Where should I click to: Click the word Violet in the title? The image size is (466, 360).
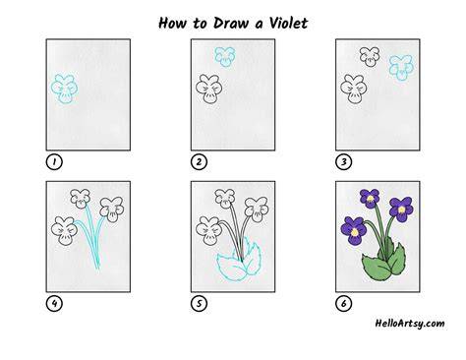(x=288, y=23)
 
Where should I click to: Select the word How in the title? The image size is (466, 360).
(x=173, y=23)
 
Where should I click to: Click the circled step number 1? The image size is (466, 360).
(x=54, y=161)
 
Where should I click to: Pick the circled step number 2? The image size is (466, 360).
(x=199, y=161)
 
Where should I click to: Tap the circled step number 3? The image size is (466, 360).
(x=343, y=161)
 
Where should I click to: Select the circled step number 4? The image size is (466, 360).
(x=54, y=304)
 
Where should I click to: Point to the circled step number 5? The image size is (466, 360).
(x=199, y=304)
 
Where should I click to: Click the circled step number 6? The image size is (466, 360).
(x=343, y=304)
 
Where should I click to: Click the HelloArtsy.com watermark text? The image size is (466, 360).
(x=410, y=324)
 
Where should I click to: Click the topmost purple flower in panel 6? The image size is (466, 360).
(x=370, y=199)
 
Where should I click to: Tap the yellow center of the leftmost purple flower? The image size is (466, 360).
(x=355, y=232)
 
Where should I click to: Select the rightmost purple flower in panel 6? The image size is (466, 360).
(x=401, y=210)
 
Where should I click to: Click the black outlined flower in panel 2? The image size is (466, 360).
(x=208, y=89)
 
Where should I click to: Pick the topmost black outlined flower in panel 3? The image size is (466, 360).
(x=370, y=57)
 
